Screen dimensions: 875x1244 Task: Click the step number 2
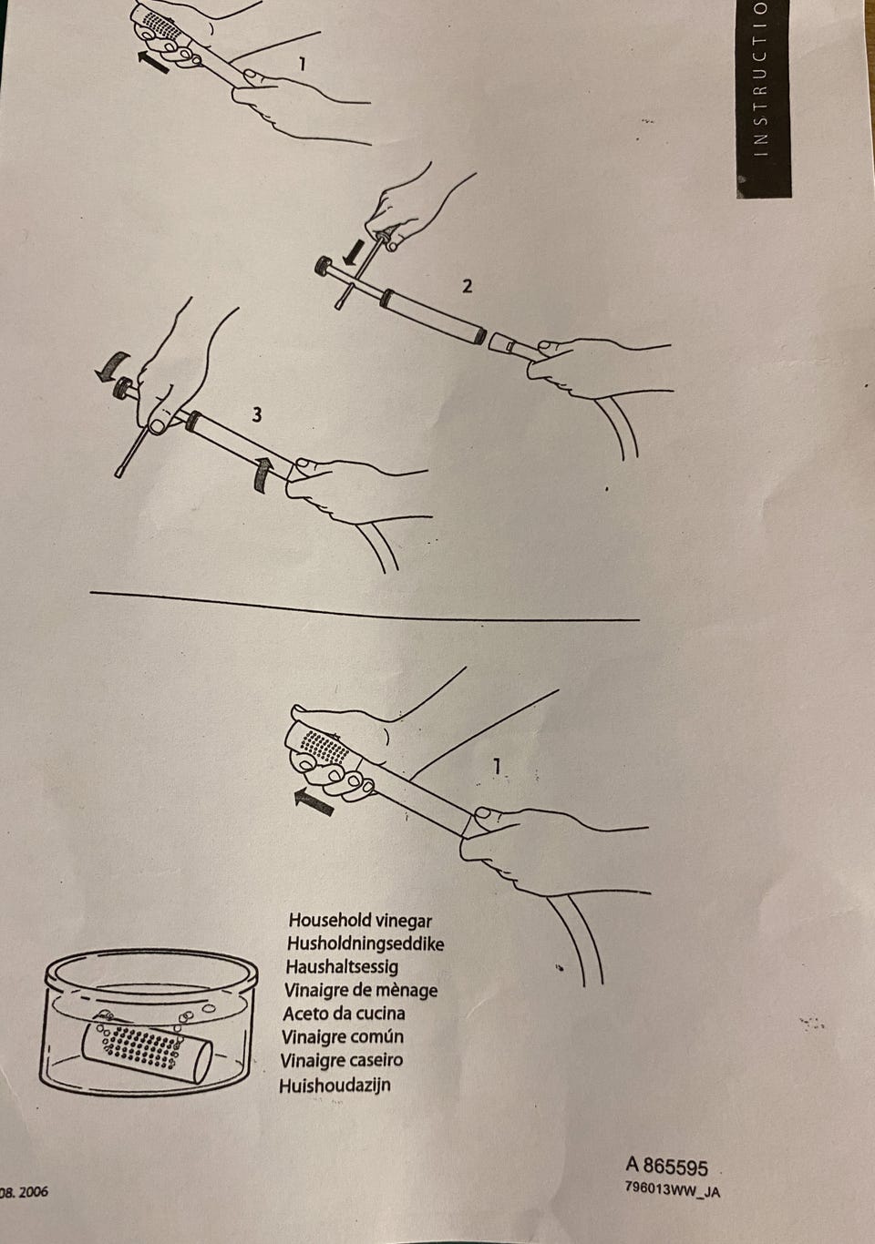coord(467,286)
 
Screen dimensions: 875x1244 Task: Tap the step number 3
coord(256,414)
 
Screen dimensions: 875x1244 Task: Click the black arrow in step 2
coord(353,251)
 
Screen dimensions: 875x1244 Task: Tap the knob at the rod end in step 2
coord(324,266)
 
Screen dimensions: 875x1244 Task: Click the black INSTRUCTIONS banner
coord(763,99)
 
